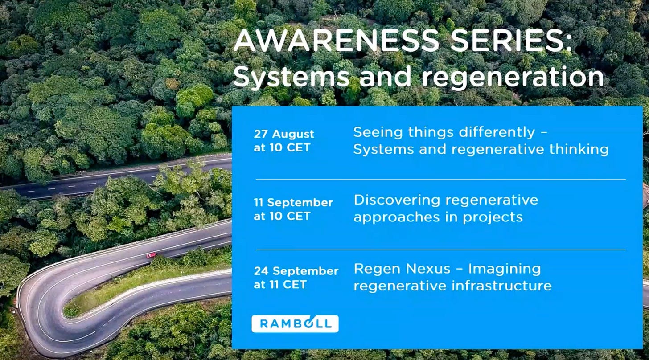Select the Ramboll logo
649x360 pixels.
coord(295,323)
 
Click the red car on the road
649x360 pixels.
coord(151,255)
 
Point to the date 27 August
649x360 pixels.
coord(284,134)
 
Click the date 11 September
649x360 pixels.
coord(293,202)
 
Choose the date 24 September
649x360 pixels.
coord(296,271)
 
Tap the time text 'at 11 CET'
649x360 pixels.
coord(280,285)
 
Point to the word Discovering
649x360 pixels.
coord(397,200)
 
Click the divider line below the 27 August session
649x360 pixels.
coord(441,180)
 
